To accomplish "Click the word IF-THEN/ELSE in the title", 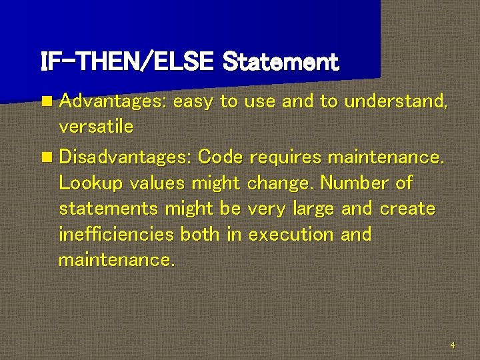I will [127, 62].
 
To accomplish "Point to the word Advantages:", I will [113, 101].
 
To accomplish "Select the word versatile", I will [96, 126].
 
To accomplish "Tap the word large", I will [314, 209].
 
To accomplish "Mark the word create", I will [407, 208].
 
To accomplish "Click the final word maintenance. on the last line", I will [117, 259].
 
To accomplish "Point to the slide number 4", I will [453, 345].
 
